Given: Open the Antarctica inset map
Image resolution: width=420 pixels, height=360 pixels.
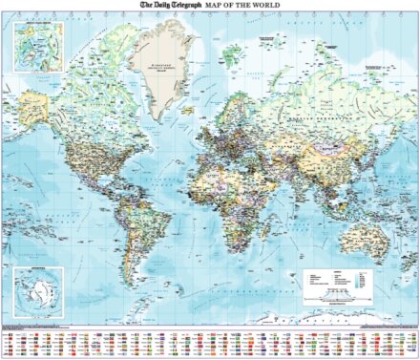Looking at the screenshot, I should pyautogui.click(x=37, y=289).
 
